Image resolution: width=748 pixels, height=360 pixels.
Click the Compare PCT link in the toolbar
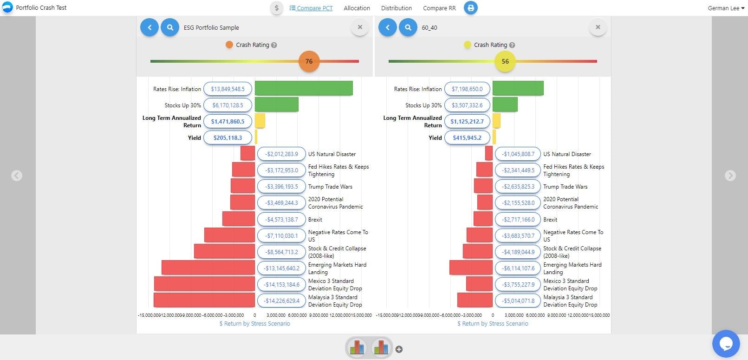point(311,8)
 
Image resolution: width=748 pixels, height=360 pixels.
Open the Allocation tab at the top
point(357,8)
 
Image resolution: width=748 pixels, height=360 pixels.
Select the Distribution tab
point(396,8)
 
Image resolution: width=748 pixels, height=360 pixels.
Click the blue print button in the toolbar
point(470,8)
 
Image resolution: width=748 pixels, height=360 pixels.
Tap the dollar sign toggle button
point(277,8)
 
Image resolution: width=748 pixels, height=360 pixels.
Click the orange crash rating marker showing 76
point(309,61)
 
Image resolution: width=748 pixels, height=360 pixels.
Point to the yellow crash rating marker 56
point(505,61)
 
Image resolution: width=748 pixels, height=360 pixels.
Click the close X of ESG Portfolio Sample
point(360,27)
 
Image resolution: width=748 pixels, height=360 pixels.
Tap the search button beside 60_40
point(408,27)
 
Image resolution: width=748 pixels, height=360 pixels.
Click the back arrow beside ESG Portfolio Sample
point(150,27)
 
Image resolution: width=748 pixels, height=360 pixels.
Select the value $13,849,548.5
point(228,89)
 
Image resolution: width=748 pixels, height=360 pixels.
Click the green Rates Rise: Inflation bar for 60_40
point(518,88)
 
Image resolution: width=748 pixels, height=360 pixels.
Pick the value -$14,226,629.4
point(282,301)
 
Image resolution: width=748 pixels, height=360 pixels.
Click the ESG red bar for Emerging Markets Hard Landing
point(208,268)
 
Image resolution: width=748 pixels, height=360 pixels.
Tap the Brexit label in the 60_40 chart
point(550,219)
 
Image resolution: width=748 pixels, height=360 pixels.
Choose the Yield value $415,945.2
point(467,137)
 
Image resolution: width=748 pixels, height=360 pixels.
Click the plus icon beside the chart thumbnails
point(399,349)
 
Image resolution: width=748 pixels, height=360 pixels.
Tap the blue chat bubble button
point(725,344)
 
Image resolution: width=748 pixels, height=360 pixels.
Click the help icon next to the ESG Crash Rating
point(274,45)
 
